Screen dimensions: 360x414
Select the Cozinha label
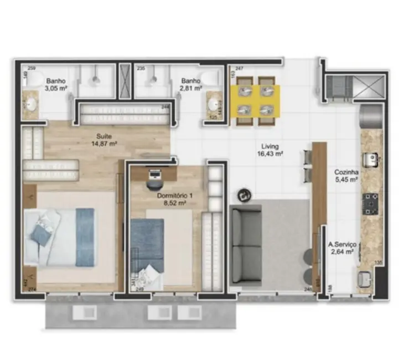tap(346, 172)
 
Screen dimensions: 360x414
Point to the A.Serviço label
tap(341, 244)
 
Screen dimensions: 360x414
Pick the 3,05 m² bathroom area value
tap(56, 88)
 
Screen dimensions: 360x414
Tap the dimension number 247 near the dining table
tap(240, 68)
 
